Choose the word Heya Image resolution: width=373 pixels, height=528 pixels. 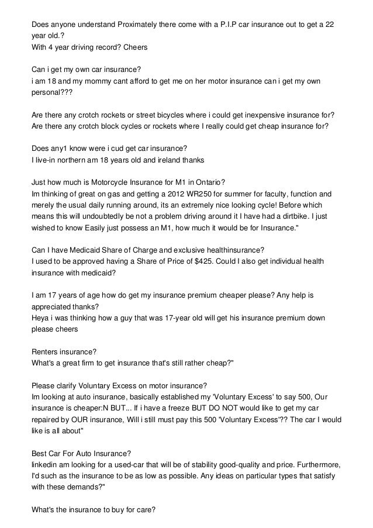(40, 318)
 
